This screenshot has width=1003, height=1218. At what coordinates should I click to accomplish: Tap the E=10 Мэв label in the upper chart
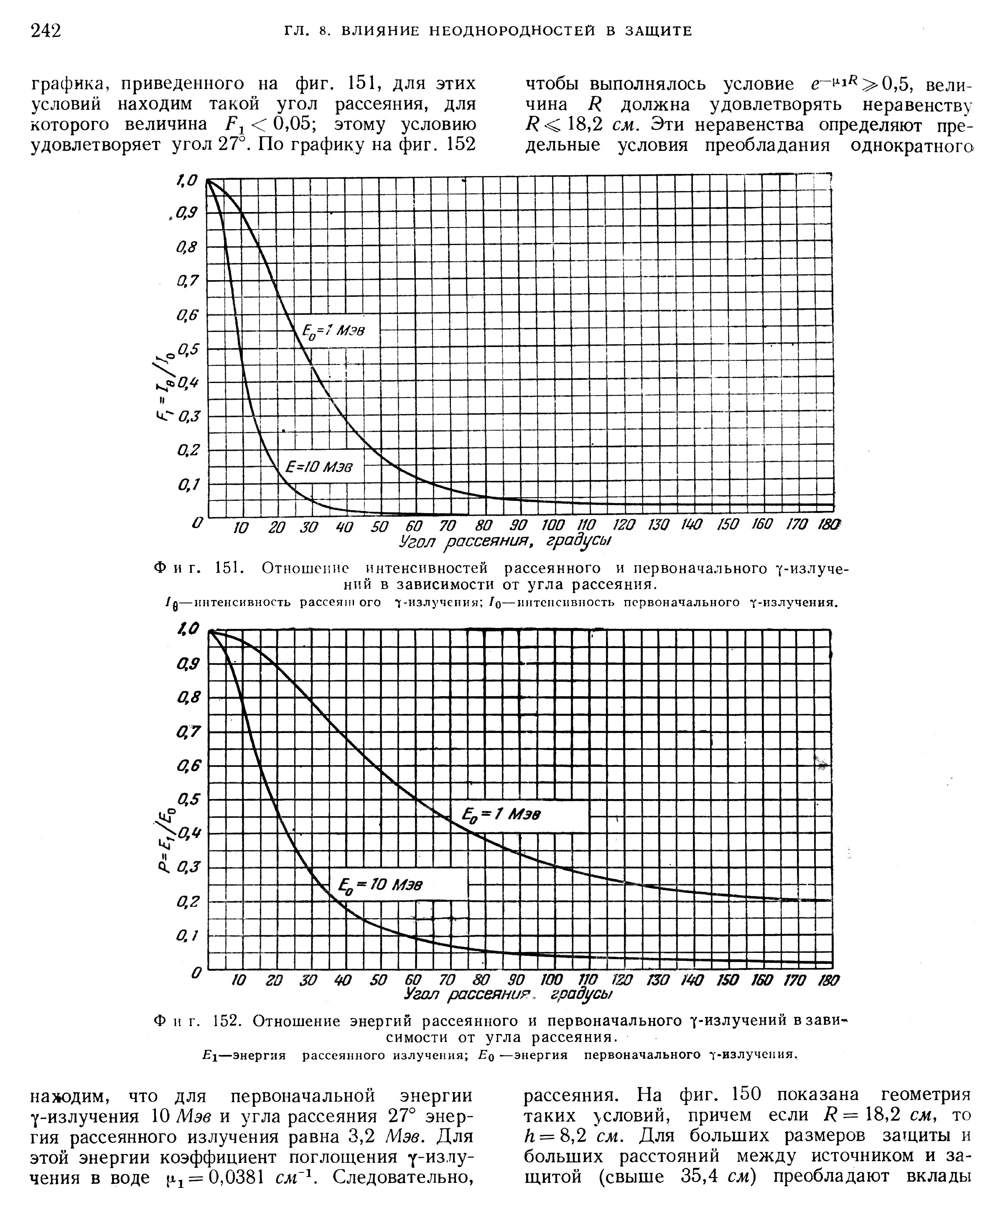point(319,467)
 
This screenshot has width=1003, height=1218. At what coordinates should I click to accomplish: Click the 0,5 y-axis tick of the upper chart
point(188,350)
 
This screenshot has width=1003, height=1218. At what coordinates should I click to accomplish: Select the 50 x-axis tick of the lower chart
point(379,981)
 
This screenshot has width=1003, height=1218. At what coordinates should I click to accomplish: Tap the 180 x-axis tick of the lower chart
point(828,981)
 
